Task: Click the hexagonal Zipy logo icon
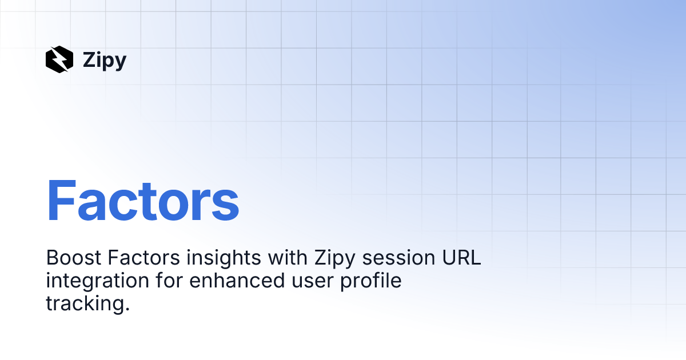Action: click(59, 59)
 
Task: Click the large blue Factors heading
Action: click(143, 200)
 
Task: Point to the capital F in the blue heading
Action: click(61, 199)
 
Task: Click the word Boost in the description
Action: click(74, 258)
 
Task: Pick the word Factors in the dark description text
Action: click(143, 258)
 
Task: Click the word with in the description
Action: click(288, 257)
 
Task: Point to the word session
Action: click(399, 258)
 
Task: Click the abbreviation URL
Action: click(461, 258)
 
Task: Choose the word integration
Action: click(97, 282)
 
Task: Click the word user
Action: click(312, 282)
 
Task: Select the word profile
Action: click(371, 282)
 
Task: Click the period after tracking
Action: click(127, 309)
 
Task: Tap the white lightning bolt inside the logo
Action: click(59, 59)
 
